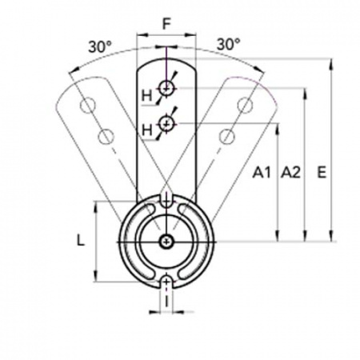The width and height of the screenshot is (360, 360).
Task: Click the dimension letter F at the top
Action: click(166, 24)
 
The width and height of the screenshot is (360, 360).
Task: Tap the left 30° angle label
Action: click(100, 46)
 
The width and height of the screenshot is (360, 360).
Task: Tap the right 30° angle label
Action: click(228, 44)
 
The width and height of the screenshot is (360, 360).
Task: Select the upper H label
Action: click(146, 95)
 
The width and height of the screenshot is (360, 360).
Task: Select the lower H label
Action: click(146, 130)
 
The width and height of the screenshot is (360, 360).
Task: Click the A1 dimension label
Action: click(262, 172)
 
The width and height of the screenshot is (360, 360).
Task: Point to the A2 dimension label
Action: click(290, 172)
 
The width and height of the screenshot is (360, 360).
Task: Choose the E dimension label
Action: click(322, 172)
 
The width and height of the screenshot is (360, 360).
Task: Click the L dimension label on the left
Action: click(81, 241)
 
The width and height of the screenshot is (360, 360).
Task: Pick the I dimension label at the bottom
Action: click(166, 302)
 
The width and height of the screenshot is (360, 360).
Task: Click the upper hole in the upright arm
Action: click(166, 88)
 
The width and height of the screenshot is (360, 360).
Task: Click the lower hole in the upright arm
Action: click(166, 123)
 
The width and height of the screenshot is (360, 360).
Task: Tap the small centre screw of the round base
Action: click(166, 242)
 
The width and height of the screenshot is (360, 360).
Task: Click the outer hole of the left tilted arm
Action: click(88, 106)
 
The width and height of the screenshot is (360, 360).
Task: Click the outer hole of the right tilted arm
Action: click(245, 106)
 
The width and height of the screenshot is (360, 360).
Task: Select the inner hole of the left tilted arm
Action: click(106, 136)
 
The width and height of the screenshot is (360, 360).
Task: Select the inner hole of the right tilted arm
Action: click(227, 136)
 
